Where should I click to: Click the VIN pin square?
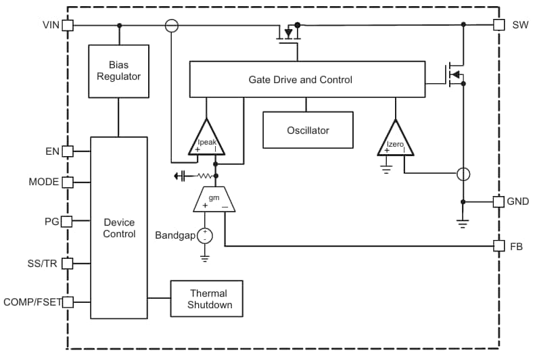68,25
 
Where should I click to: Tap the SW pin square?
498,25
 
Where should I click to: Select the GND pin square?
498,201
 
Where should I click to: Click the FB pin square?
498,246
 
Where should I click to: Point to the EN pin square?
68,151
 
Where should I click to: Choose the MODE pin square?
68,182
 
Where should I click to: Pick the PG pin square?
68,221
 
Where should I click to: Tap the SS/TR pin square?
68,264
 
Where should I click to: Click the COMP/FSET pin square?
68,302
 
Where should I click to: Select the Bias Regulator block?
118,71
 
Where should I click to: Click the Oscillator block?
308,130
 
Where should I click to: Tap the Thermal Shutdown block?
207,299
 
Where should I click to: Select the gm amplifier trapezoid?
214,200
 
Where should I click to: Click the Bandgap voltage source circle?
205,236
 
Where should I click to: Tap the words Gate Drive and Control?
300,80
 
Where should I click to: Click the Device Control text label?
119,228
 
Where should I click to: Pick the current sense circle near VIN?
172,25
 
